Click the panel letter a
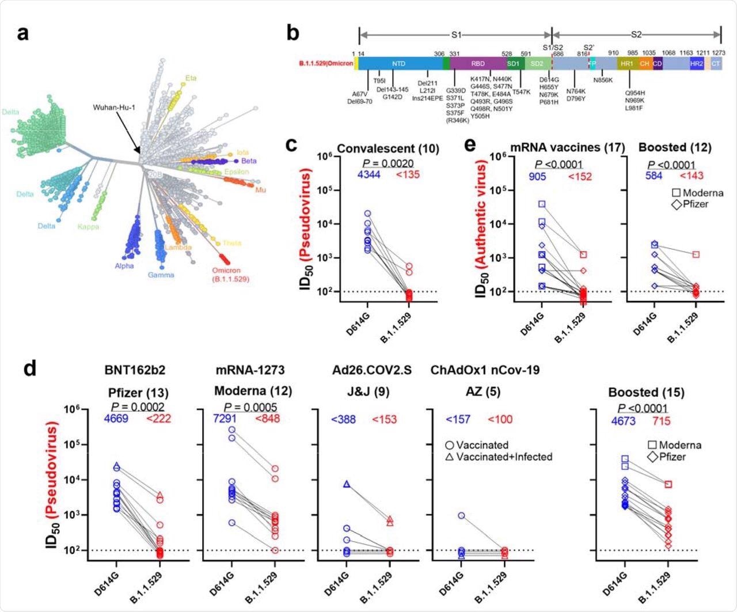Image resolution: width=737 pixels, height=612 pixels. click(x=23, y=35)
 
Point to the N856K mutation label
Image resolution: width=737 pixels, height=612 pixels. click(x=603, y=81)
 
